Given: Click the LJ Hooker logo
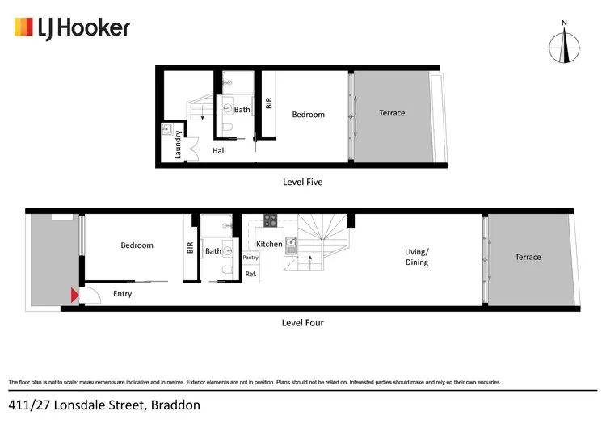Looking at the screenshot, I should click(72, 28).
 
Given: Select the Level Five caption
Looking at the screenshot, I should click(302, 182).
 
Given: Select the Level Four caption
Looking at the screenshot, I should click(302, 322).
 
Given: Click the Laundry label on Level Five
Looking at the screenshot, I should click(179, 145).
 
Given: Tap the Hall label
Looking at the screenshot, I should click(219, 150).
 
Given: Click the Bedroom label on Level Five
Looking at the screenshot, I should click(308, 115).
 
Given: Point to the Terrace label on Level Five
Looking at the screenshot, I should click(392, 113).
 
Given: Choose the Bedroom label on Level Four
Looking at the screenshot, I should click(137, 245).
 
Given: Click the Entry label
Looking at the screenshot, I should click(122, 294).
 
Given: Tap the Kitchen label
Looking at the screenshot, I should click(269, 244).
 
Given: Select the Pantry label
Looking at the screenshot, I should click(250, 258).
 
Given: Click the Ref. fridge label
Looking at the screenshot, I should click(250, 275).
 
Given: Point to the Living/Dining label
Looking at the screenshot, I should click(416, 257).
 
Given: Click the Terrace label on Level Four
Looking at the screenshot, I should click(528, 257).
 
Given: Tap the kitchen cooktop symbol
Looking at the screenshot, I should click(270, 219).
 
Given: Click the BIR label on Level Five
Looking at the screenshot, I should click(269, 103).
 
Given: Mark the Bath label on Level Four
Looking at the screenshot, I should click(213, 251).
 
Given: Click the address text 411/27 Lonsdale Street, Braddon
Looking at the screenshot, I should click(104, 404).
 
